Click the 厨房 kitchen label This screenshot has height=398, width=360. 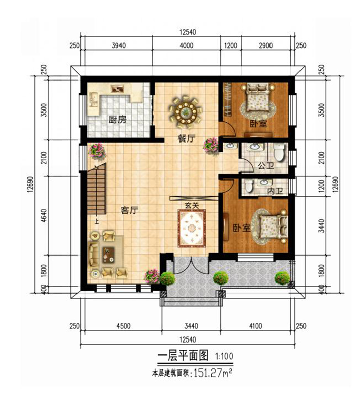[117, 119]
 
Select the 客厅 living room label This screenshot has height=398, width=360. [129, 210]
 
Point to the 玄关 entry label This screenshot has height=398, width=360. [192, 205]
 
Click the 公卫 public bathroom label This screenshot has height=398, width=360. [266, 166]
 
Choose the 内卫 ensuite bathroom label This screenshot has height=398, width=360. [275, 191]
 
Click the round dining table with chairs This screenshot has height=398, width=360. [186, 111]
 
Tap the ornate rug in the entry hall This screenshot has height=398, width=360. [192, 228]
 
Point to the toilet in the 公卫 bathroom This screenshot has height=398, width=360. [279, 152]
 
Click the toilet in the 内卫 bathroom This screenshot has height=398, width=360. [249, 186]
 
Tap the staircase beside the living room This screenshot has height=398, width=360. [97, 190]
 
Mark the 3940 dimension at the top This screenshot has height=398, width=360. [118, 46]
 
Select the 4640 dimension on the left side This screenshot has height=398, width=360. [44, 216]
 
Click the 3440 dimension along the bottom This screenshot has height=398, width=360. [191, 326]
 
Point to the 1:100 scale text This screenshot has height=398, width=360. [224, 356]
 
